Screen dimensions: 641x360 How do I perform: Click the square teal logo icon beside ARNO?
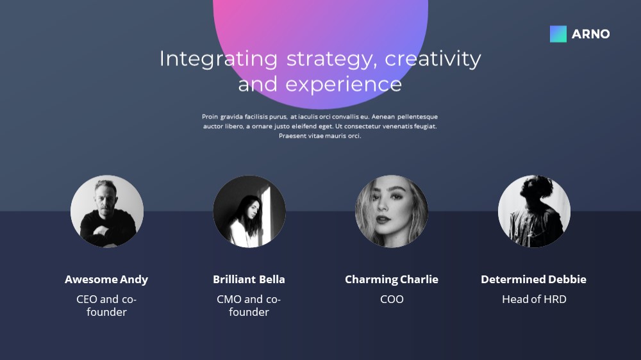pyautogui.click(x=558, y=34)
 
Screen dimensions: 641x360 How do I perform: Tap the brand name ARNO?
pyautogui.click(x=591, y=34)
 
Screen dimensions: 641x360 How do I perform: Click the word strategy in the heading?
pyautogui.click(x=329, y=60)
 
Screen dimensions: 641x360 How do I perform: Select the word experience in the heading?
pyautogui.click(x=344, y=84)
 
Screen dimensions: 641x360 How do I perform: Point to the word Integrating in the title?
pyautogui.click(x=219, y=60)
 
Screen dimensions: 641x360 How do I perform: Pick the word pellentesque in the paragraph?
pyautogui.click(x=417, y=117)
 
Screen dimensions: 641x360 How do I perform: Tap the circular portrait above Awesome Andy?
pyautogui.click(x=107, y=211)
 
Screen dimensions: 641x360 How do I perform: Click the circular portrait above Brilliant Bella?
pyautogui.click(x=249, y=211)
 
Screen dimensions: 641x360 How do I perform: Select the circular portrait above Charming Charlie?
pyautogui.click(x=392, y=211)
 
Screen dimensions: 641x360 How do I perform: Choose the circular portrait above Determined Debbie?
pyautogui.click(x=534, y=211)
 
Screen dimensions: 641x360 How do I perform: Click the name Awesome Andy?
pyautogui.click(x=106, y=279)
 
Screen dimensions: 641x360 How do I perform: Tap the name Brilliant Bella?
pyautogui.click(x=249, y=279)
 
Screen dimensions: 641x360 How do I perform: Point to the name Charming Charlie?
pyautogui.click(x=392, y=279)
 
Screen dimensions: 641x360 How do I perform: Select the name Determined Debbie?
pyautogui.click(x=533, y=279)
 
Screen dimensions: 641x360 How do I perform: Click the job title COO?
pyautogui.click(x=392, y=299)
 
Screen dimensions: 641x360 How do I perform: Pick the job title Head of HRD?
pyautogui.click(x=534, y=299)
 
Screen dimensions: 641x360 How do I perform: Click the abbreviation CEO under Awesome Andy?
pyautogui.click(x=87, y=299)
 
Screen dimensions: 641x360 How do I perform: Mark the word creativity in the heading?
pyautogui.click(x=433, y=60)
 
